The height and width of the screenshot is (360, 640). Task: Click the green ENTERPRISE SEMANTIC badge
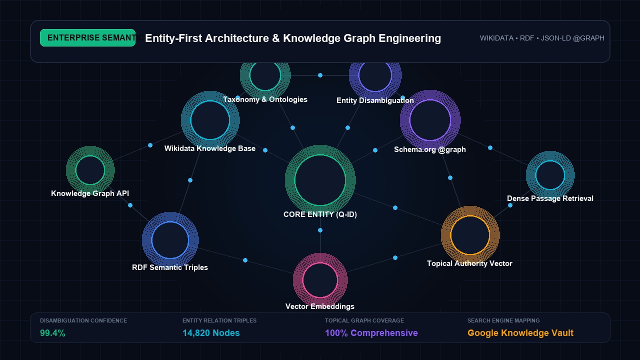click(87, 37)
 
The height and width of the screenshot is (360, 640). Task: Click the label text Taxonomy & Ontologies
click(265, 99)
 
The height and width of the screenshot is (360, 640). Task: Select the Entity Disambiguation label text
click(375, 100)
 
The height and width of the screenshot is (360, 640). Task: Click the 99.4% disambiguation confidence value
click(52, 333)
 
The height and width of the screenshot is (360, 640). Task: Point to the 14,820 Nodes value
click(211, 333)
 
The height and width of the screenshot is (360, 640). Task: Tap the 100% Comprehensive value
click(371, 333)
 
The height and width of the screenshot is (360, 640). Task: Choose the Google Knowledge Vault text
click(520, 333)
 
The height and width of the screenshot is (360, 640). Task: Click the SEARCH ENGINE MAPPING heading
click(503, 320)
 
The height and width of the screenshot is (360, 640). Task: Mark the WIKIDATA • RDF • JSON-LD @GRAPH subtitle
click(542, 38)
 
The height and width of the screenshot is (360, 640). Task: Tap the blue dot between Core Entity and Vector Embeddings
click(320, 230)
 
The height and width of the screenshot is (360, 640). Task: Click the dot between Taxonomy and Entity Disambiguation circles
click(320, 75)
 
